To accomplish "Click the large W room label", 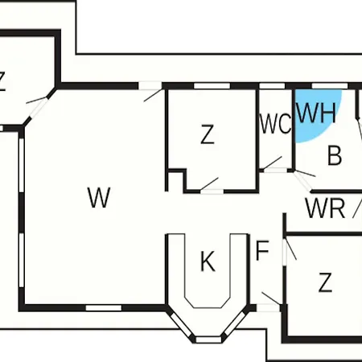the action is click(99, 198).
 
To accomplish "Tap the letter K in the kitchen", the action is click(208, 261).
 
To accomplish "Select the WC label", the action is click(275, 124).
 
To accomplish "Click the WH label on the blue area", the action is click(316, 113).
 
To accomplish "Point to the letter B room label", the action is click(335, 155).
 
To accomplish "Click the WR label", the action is click(325, 208).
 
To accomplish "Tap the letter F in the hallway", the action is click(262, 251).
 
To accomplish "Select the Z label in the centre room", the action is click(208, 134).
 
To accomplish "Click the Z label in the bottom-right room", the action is click(325, 282).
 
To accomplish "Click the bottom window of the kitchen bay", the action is click(208, 339).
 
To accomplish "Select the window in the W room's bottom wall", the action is click(104, 308).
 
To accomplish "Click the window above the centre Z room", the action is click(212, 86).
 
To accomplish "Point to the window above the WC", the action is click(272, 86).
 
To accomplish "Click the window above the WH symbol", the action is click(330, 86).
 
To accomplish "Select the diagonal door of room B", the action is click(304, 179).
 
